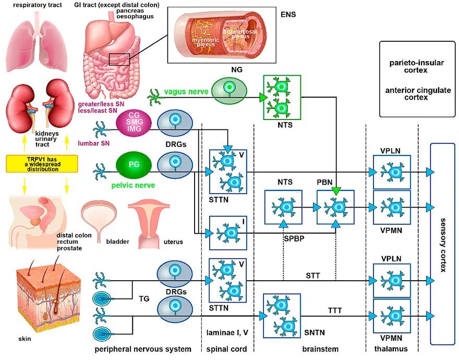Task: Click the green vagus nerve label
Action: pos(186,92)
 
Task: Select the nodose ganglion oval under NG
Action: pos(227,91)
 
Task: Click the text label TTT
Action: pos(335,310)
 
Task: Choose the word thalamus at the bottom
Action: pos(391,349)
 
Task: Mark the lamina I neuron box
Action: pos(228,233)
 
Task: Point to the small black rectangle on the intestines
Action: pos(119,59)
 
